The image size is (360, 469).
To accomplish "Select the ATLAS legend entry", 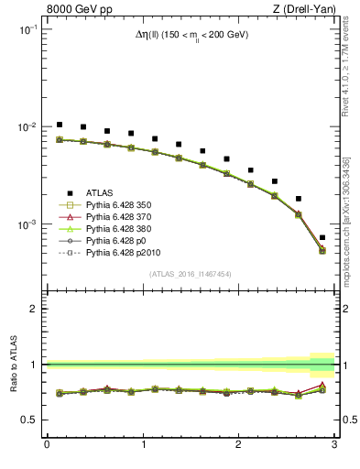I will (x=100, y=192).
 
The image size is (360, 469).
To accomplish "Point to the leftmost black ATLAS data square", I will (x=60, y=125).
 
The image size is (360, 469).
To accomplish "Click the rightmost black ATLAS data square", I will (x=322, y=237).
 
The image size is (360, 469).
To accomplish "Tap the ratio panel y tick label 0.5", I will (x=31, y=420).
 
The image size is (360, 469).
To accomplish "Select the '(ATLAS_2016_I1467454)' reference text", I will (x=191, y=274).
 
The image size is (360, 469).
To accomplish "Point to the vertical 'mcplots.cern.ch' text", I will (x=348, y=229).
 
